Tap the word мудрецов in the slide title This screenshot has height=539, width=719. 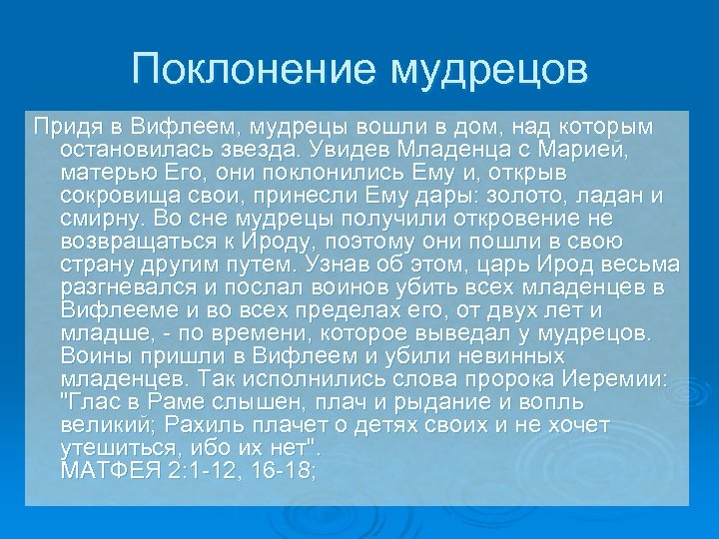[x=488, y=69]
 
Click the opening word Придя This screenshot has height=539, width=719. [x=62, y=127]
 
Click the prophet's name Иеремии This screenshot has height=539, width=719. [x=621, y=379]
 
